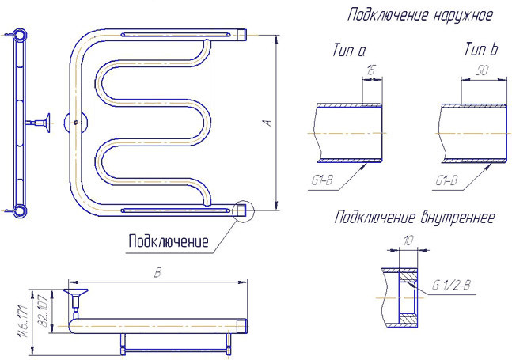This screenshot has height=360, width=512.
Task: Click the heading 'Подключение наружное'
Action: [x=419, y=15]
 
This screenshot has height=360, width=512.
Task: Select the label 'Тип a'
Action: [x=349, y=51]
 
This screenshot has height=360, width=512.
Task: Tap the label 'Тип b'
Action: [x=481, y=49]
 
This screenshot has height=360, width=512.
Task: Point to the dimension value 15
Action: [x=370, y=70]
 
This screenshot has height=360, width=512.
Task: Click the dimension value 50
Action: [x=482, y=70]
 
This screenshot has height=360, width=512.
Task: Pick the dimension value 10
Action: [x=408, y=241]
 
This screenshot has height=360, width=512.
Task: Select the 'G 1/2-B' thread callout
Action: [x=451, y=286]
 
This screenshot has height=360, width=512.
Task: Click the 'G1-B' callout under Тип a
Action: [x=322, y=180]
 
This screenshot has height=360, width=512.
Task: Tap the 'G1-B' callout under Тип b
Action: [x=446, y=180]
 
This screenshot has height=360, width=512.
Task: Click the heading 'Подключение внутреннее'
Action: [x=415, y=218]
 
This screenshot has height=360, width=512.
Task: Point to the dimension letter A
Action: [x=267, y=123]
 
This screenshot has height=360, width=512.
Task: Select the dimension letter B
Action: [x=157, y=273]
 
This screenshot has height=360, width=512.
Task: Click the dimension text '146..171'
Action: [x=25, y=322]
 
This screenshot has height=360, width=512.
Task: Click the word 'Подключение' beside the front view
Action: [x=169, y=241]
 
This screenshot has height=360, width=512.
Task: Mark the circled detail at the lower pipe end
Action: [x=243, y=210]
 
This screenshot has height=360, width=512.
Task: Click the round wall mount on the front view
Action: [x=76, y=123]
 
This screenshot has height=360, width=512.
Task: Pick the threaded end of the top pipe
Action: [x=241, y=34]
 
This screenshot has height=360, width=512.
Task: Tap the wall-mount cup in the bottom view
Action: [x=76, y=292]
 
